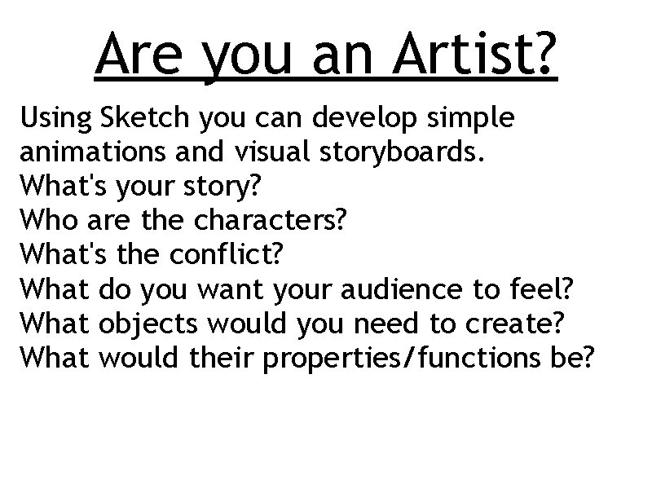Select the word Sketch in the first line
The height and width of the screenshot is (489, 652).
click(135, 120)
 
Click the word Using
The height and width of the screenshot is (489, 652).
click(55, 120)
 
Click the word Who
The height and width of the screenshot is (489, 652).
click(46, 222)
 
